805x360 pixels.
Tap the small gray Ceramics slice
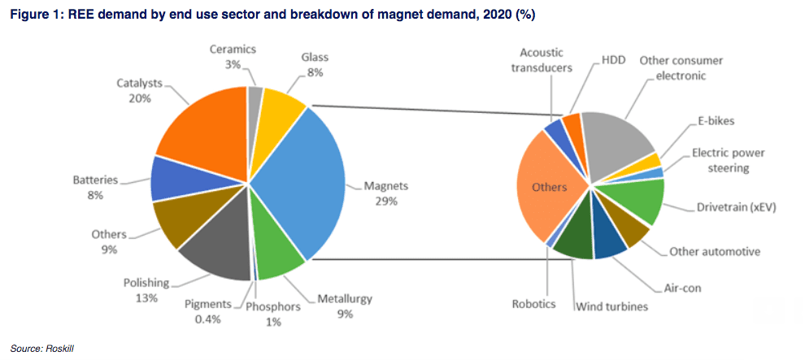pos(255,98)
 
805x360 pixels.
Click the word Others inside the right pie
pos(549,187)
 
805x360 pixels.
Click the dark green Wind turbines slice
pos(574,245)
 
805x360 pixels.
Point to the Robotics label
pos(533,304)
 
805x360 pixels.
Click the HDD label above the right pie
pos(614,60)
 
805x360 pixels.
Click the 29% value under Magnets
pos(385,201)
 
